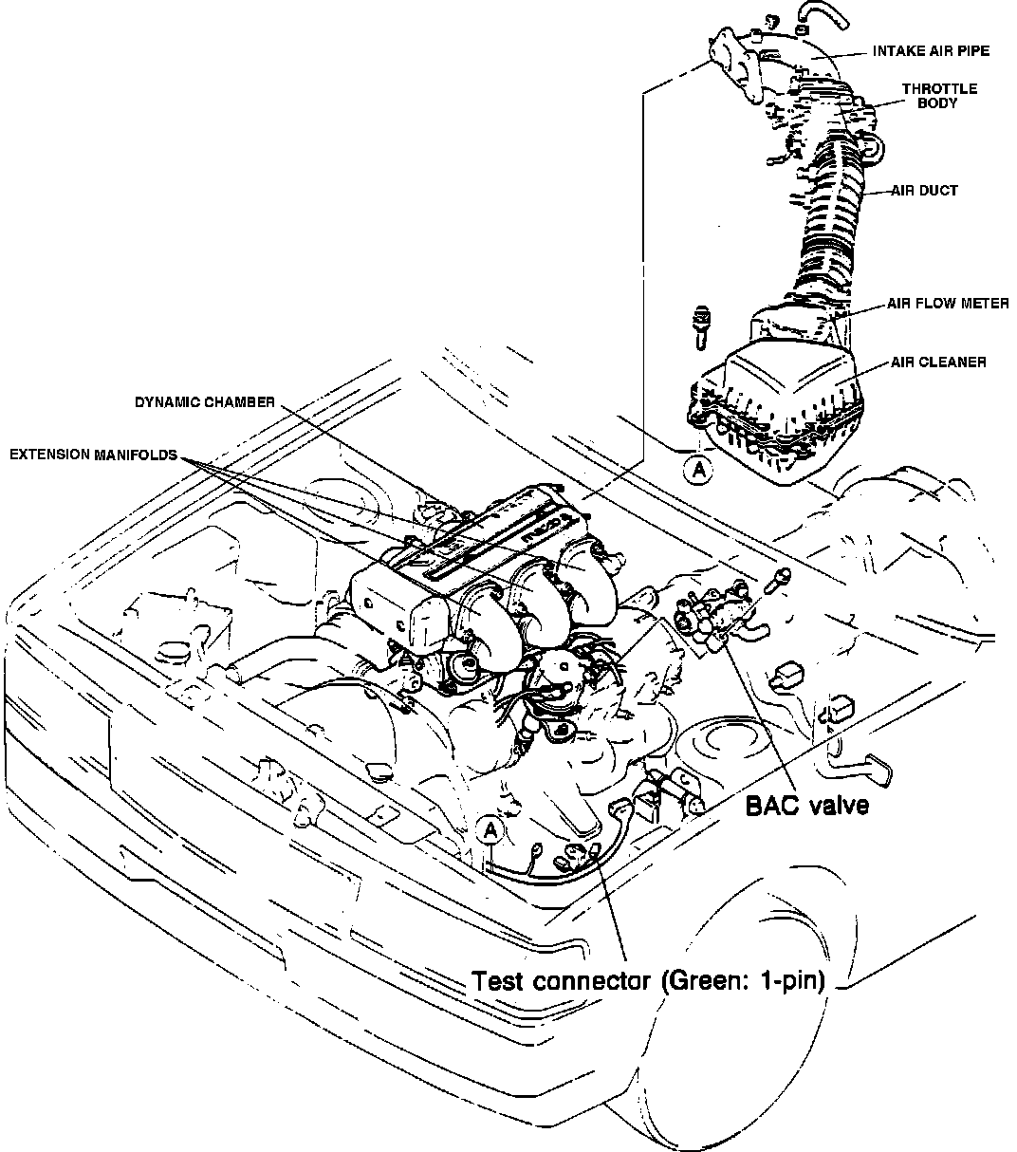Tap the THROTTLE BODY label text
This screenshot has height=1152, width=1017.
[939, 96]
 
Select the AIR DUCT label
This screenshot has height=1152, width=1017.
[924, 190]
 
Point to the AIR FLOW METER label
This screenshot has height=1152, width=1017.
[947, 304]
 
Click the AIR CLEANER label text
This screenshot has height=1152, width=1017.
[938, 362]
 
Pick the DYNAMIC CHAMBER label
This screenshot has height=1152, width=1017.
[204, 402]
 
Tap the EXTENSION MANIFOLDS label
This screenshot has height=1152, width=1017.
[93, 455]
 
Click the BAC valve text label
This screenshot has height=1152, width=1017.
[806, 806]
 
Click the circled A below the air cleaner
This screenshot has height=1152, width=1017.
[698, 468]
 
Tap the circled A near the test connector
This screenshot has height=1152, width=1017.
[490, 831]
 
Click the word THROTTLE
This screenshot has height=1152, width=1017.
[939, 89]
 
